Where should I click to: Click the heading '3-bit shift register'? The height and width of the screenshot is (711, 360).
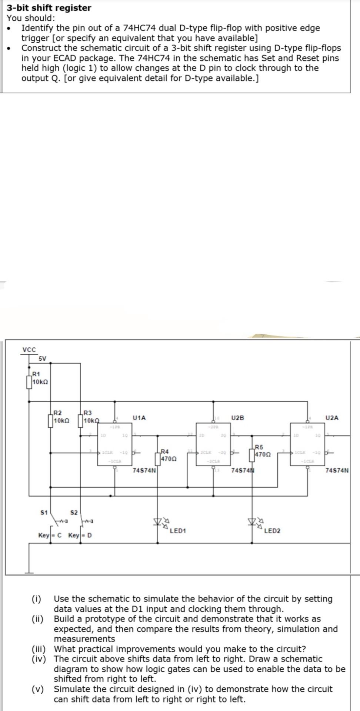tap(49, 8)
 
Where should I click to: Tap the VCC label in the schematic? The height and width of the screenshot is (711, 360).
tap(29, 350)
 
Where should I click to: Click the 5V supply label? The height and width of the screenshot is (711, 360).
tap(43, 358)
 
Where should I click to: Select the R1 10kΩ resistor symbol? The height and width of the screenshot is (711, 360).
tap(29, 382)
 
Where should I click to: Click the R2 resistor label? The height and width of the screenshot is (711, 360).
tap(58, 413)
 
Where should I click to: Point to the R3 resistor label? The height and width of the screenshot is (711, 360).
tap(88, 413)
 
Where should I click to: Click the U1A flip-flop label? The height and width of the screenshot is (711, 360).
tap(139, 418)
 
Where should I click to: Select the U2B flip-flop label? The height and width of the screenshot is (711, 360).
tap(237, 418)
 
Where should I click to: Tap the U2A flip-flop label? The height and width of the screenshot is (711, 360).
tap(331, 418)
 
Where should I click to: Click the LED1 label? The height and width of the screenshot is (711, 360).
tap(178, 531)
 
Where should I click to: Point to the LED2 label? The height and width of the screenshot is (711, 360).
tap(272, 531)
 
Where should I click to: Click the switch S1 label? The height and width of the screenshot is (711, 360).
tap(44, 513)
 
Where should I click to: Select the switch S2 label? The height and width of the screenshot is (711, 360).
tap(74, 513)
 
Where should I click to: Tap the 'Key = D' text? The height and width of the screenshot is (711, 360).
tap(80, 535)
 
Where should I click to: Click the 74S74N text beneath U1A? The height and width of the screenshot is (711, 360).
tap(144, 471)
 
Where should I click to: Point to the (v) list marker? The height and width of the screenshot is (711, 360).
tap(37, 689)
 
